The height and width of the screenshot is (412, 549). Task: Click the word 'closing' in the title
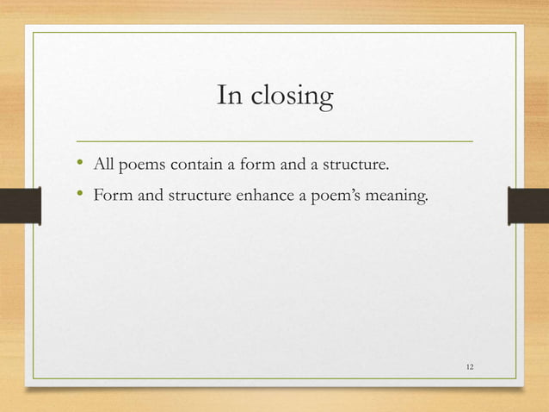click(292, 97)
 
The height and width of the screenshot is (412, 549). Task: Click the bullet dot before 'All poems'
click(80, 161)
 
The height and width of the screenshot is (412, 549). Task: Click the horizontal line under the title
click(274, 139)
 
